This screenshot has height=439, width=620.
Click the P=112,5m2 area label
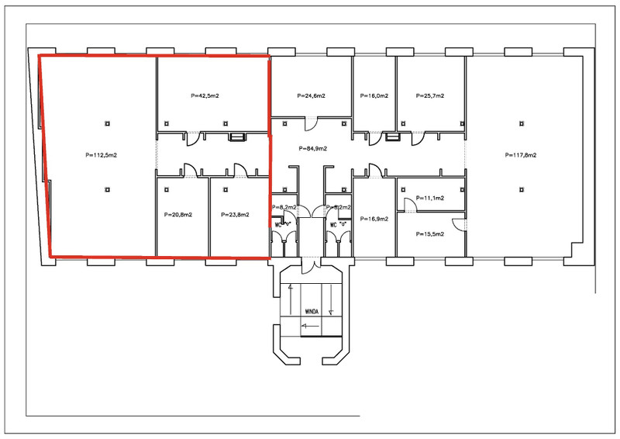[102, 155]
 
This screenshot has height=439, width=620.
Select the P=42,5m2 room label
[205, 96]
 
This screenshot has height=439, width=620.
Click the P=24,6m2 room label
[311, 96]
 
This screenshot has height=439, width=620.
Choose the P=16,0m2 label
[374, 96]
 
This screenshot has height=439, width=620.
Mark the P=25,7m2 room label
[430, 96]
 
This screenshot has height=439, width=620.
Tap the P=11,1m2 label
[430, 199]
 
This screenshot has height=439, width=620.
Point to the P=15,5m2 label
[430, 233]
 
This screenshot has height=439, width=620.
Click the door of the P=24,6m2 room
[310, 123]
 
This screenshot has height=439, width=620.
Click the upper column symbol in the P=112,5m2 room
[108, 123]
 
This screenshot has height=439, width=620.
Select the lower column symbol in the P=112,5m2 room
[108, 188]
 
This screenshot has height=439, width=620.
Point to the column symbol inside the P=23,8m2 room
[226, 188]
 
